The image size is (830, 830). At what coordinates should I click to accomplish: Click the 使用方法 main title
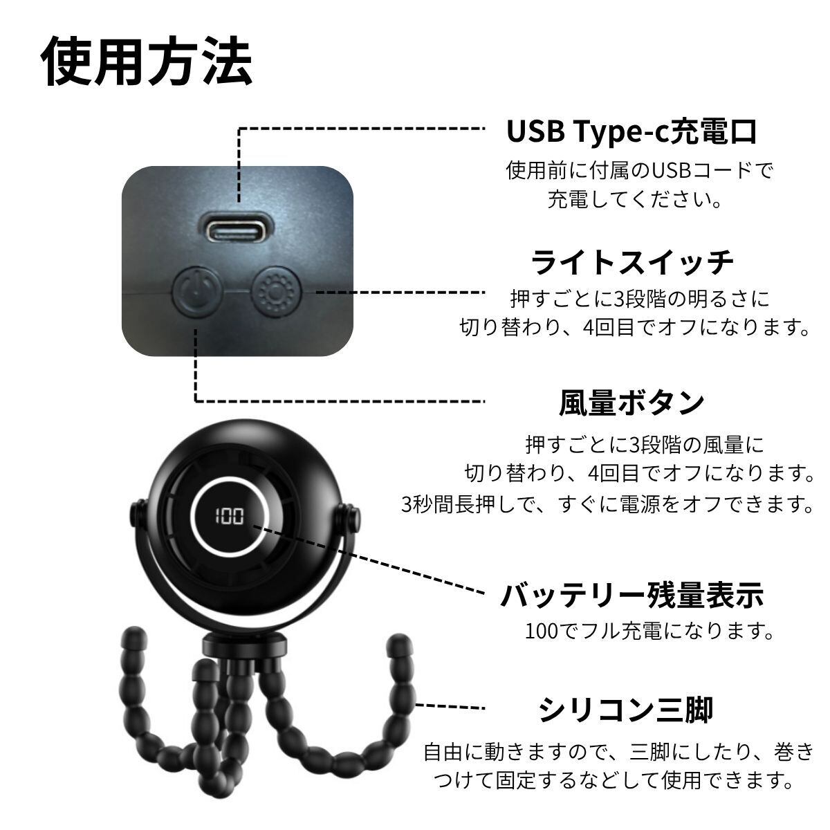click(x=147, y=61)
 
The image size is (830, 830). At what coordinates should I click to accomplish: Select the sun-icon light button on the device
click(x=276, y=293)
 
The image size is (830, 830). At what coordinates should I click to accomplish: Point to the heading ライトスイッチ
click(x=632, y=263)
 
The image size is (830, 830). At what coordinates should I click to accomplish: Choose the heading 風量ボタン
click(x=632, y=403)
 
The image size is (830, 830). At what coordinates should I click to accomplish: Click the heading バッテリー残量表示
click(x=632, y=595)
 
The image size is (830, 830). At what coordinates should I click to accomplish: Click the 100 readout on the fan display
click(x=229, y=515)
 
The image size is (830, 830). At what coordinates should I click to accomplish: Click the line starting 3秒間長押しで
click(x=607, y=504)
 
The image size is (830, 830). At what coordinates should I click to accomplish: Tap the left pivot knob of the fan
click(x=137, y=513)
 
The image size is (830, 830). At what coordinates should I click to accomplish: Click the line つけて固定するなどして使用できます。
click(x=614, y=780)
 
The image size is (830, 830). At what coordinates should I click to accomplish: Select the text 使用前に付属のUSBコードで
click(x=640, y=171)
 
